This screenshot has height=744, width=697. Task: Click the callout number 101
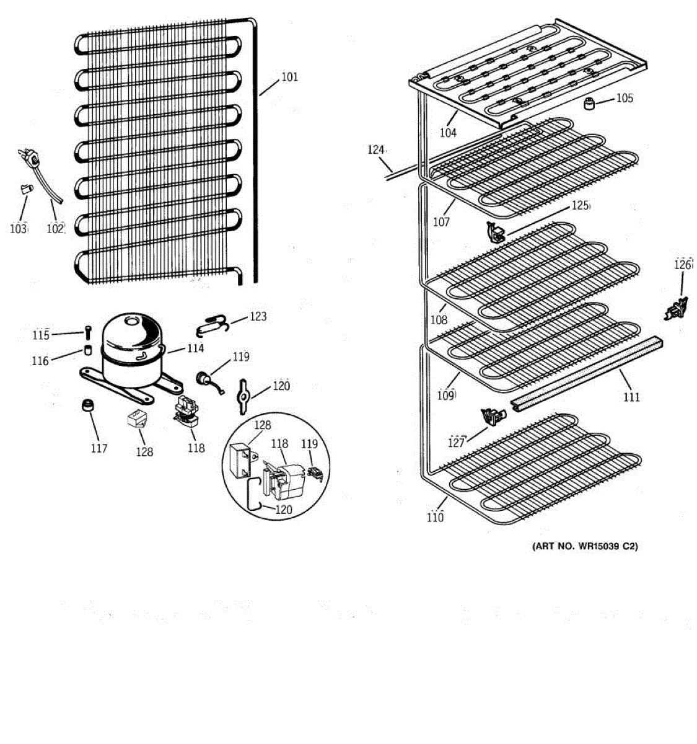coord(289,77)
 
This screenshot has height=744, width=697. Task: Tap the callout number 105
coord(625,98)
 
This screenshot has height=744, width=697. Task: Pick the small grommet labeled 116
coord(87,352)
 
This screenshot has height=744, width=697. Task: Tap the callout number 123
coord(258,317)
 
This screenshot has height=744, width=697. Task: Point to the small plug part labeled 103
coord(25,188)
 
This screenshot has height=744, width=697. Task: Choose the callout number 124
coord(376,150)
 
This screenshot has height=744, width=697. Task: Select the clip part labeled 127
coord(493,417)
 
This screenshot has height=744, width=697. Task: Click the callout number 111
coord(631,397)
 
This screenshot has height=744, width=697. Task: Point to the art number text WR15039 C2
coord(585,546)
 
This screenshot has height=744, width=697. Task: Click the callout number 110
coord(436,517)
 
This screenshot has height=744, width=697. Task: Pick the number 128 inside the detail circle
coord(262,425)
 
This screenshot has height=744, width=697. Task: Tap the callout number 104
coord(448,133)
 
